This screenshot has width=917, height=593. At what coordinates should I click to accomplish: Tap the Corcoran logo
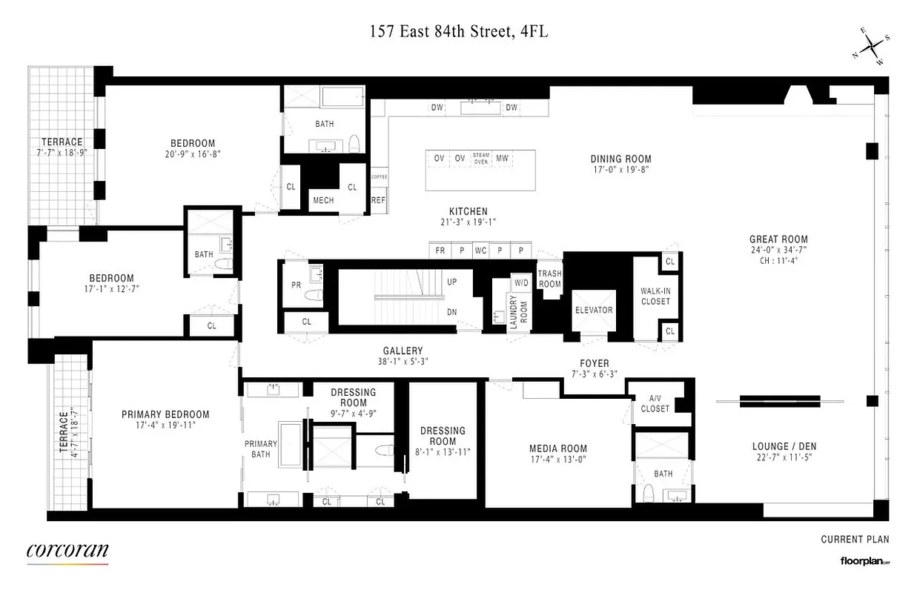click(67, 551)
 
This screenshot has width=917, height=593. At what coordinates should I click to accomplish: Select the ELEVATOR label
click(593, 310)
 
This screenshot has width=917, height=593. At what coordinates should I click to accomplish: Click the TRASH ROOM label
click(549, 279)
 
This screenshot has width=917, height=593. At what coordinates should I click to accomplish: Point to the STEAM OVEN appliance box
click(480, 158)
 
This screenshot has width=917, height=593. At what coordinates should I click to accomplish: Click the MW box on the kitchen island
click(502, 158)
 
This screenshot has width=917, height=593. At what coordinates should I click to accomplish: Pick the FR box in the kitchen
click(440, 251)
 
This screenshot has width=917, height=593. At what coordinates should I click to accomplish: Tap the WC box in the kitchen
click(480, 251)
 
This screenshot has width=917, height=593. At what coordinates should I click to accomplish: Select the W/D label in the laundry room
click(520, 282)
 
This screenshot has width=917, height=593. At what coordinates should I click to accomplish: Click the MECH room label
click(323, 200)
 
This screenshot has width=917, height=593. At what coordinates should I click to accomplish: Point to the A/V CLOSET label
click(655, 403)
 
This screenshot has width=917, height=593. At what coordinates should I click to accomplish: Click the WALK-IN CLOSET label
click(655, 296)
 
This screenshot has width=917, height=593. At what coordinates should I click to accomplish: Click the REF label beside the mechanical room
click(378, 200)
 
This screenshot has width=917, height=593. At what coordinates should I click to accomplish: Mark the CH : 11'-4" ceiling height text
click(778, 260)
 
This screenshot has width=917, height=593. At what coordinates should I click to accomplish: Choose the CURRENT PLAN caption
click(855, 540)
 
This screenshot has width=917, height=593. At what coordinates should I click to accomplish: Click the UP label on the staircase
click(451, 282)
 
